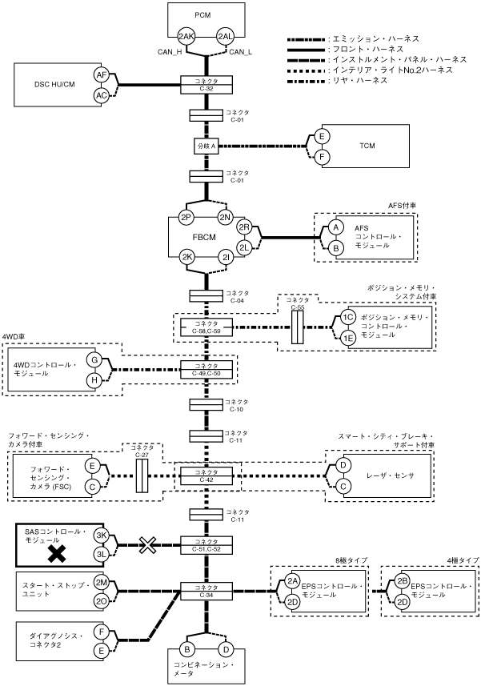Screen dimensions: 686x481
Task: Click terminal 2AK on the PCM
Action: coord(186,37)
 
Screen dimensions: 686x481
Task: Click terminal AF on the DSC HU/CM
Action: coord(101,74)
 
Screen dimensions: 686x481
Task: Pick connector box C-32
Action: coord(207,83)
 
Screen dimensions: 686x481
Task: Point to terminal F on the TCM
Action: coord(322,155)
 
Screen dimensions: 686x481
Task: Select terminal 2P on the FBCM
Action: coord(186,218)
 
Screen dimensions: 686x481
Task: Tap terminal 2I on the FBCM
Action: coord(227,257)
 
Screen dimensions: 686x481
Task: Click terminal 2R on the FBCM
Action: coord(245,228)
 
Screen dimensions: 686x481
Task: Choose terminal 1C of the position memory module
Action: coord(348,317)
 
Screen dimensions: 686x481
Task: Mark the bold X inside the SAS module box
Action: coord(57,553)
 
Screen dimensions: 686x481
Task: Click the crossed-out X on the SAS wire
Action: coord(147,545)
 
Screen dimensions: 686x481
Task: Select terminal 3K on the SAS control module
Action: coord(101,536)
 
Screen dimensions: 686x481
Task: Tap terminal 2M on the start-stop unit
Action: coord(101,582)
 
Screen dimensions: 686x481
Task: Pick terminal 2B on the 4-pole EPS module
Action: coord(403,581)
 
